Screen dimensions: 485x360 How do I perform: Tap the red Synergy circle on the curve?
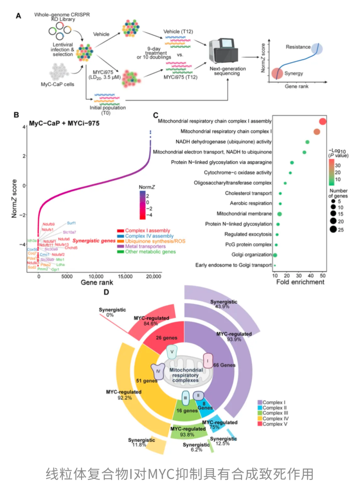coord(277,73)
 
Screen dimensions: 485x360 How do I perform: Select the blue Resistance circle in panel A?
coord(317,49)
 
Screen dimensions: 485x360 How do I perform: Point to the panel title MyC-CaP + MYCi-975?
coord(64,123)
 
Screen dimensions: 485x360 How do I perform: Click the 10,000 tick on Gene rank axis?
coord(96,276)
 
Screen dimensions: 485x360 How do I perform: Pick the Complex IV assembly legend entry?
coord(149,236)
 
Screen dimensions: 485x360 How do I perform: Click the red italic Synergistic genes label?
coord(94,241)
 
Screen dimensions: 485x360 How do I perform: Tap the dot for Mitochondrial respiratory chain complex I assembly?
coord(323,121)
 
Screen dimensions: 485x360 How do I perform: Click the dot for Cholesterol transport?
coord(280,193)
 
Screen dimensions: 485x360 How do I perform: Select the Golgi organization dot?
coord(275,255)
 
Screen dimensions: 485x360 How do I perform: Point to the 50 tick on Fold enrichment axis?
coord(323,276)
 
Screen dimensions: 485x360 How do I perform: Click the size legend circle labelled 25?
coord(333,229)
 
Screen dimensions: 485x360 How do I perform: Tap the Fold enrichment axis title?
coord(300,282)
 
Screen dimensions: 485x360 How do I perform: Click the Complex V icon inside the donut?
coord(172,352)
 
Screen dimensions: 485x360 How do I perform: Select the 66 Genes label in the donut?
coord(224,365)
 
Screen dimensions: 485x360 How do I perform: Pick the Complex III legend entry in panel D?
coord(275,413)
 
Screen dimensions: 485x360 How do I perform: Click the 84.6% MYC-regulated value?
coord(151,324)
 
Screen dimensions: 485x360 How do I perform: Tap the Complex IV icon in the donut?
coord(158,371)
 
